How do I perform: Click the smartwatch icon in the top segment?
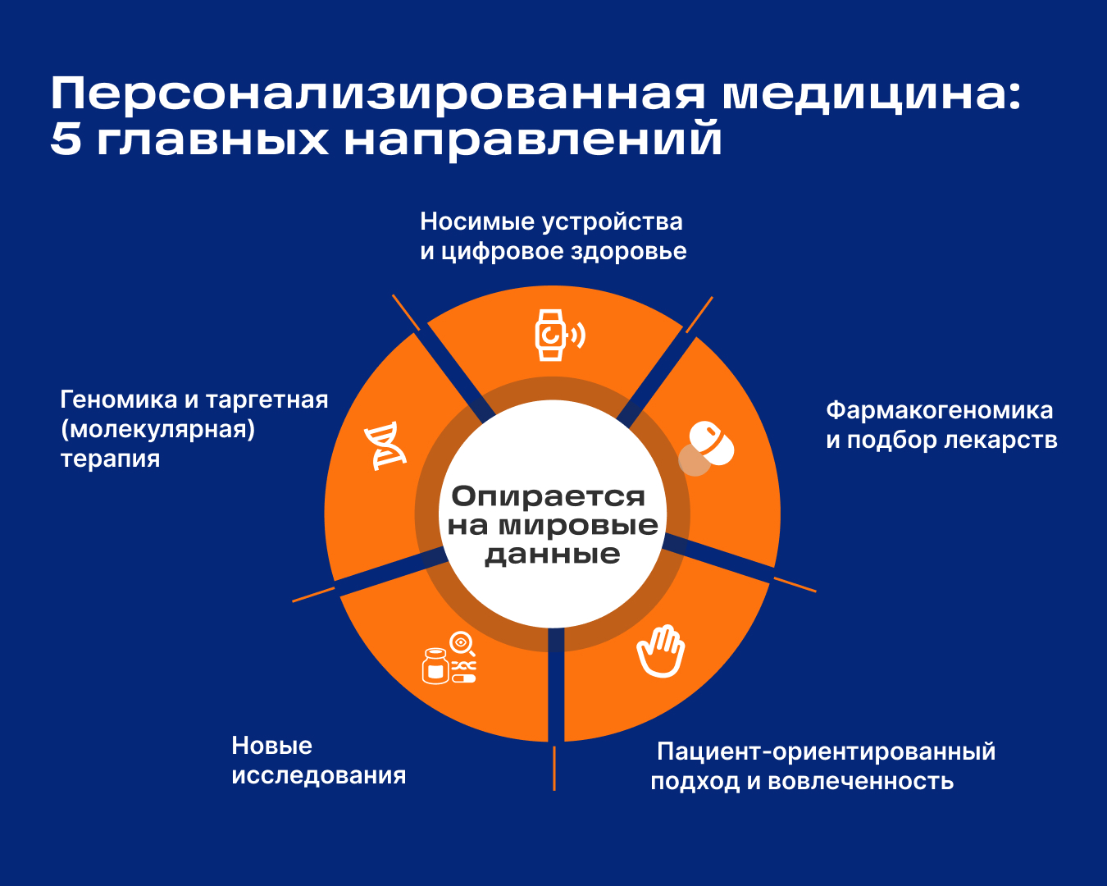click(x=559, y=336)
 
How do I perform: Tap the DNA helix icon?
click(x=385, y=445)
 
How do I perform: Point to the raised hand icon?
click(x=661, y=651)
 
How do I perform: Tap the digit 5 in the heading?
click(x=66, y=139)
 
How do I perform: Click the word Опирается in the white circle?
click(x=548, y=497)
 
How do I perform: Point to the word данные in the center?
click(x=552, y=555)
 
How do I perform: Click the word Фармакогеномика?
click(x=939, y=411)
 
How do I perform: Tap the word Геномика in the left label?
click(x=119, y=400)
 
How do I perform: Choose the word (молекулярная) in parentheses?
click(x=158, y=429)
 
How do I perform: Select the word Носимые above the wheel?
click(x=477, y=221)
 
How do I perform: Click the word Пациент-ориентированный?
click(x=826, y=751)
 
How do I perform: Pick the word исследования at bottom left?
click(x=319, y=775)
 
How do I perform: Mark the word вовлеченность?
click(x=861, y=782)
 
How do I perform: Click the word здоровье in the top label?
click(x=629, y=252)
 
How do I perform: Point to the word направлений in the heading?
click(x=533, y=140)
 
